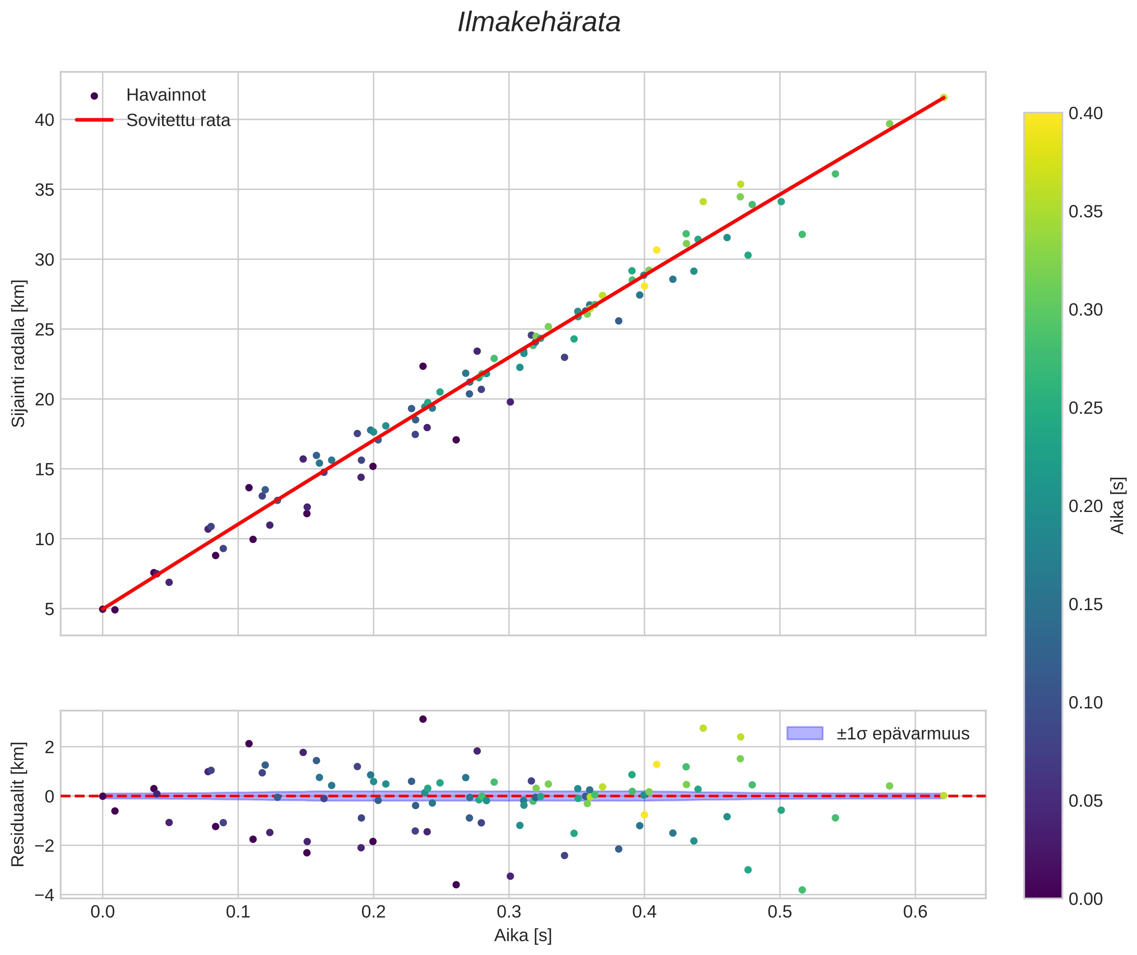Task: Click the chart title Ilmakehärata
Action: (539, 23)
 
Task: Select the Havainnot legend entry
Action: (166, 95)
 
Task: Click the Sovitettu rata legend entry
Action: (178, 120)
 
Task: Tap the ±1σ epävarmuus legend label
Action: (903, 733)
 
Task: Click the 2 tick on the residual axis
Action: (49, 748)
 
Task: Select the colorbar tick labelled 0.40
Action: (1086, 113)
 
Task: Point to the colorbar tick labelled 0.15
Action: (1086, 605)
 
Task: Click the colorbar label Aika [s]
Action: (1117, 505)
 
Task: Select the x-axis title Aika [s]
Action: (523, 935)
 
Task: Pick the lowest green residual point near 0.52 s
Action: (802, 890)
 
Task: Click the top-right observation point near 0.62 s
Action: (943, 97)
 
